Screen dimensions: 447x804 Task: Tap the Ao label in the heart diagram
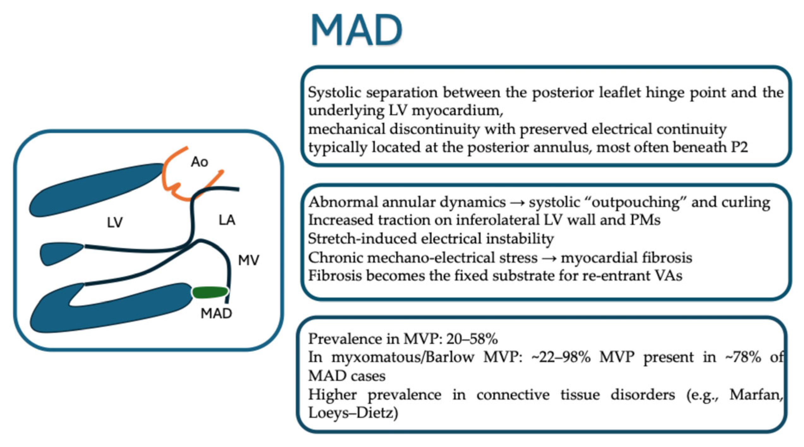pos(200,162)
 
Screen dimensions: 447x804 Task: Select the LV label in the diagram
pos(115,222)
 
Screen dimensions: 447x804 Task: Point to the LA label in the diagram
pos(227,220)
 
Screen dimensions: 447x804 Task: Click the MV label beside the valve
pos(248,260)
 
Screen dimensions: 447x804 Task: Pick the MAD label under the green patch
pos(216,313)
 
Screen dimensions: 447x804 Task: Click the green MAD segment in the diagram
pos(210,293)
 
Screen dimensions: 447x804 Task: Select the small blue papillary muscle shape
pos(62,253)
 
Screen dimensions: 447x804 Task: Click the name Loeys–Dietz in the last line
pos(353,413)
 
